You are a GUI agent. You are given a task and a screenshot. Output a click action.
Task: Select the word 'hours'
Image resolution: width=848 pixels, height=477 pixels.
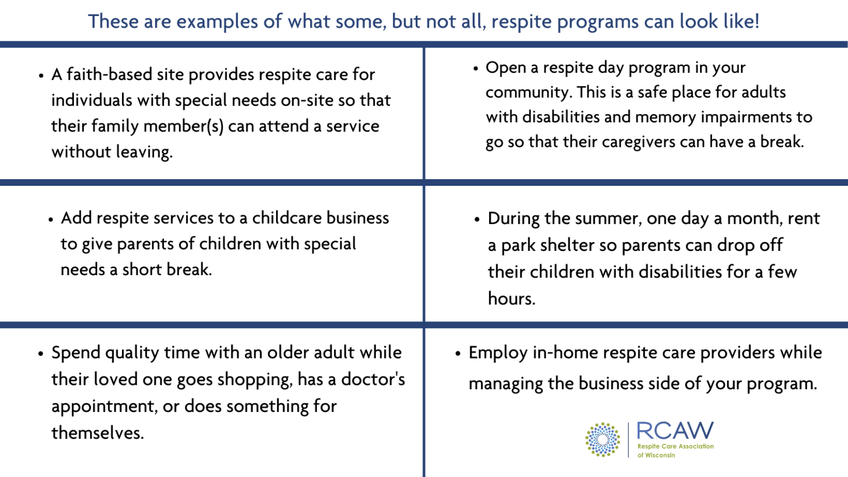click(511, 299)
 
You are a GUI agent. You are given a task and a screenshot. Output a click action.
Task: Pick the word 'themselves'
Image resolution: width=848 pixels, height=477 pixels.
click(97, 433)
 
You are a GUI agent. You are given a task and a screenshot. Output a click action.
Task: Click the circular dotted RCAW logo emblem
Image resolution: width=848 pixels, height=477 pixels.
click(602, 440)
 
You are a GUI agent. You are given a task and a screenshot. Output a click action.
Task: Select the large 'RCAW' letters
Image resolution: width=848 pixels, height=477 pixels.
click(675, 431)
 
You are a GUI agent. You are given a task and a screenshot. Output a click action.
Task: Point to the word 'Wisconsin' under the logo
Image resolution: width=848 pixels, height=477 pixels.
click(660, 455)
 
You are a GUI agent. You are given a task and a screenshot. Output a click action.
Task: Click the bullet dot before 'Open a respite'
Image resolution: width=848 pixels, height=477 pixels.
click(476, 69)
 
